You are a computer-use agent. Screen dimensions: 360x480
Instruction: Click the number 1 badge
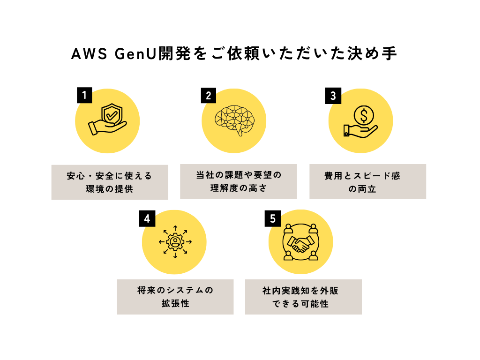point(84,96)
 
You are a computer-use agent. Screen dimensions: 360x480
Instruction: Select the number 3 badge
point(333,96)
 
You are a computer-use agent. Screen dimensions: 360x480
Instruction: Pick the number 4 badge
point(147,218)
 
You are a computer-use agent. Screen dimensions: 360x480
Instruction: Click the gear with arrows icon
point(175,242)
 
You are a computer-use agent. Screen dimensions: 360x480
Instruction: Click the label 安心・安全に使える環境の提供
point(110,182)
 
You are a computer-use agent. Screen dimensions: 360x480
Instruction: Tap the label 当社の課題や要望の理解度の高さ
point(238,181)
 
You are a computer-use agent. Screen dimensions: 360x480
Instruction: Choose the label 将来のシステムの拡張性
point(175,297)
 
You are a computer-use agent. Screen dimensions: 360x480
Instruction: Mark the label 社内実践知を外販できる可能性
point(303,297)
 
